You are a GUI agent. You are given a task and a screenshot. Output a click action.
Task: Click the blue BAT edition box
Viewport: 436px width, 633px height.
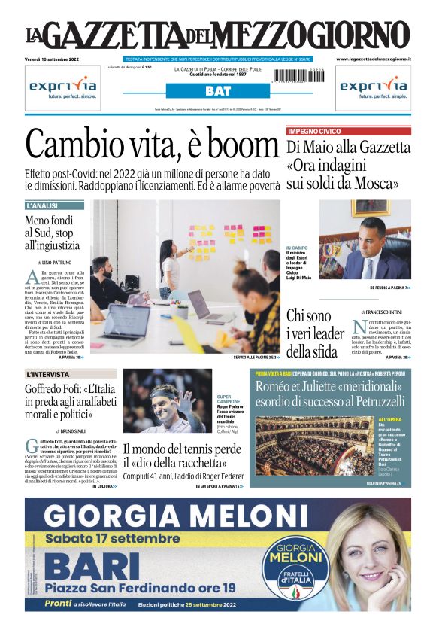[x=217, y=91]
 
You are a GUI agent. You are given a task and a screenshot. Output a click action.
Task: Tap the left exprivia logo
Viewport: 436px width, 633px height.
[x=62, y=87]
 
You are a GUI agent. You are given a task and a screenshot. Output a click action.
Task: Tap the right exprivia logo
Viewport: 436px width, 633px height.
[x=374, y=87]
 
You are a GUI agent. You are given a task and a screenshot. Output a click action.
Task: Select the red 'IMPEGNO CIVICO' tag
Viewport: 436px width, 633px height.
[x=314, y=131]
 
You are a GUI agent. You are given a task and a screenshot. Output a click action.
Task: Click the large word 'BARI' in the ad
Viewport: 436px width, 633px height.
[x=80, y=566]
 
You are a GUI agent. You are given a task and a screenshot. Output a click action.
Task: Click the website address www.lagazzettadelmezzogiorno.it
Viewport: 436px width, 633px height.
[x=373, y=59]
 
